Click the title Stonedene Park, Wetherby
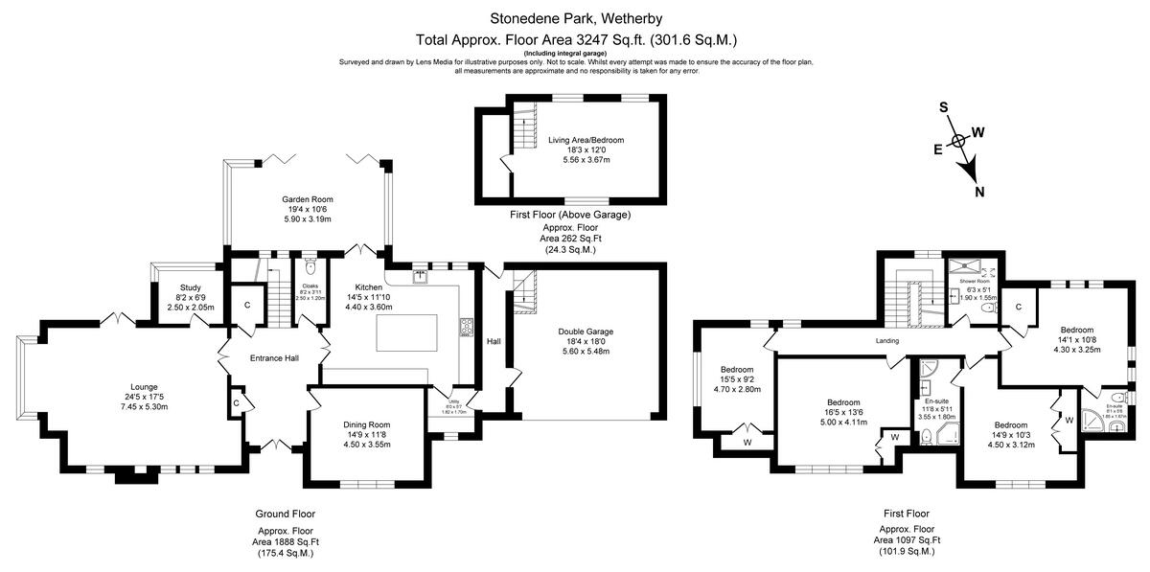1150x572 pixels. pos(575,18)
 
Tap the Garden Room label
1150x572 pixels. pos(307,199)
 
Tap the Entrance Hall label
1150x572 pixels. pos(274,358)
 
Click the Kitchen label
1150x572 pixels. pos(369,287)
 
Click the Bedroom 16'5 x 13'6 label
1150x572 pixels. pos(843,402)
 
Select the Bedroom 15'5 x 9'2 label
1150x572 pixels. pos(737,370)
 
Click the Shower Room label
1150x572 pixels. pos(977,281)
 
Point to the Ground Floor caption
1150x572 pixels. pos(285,514)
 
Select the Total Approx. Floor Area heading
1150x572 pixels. pos(575,40)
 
